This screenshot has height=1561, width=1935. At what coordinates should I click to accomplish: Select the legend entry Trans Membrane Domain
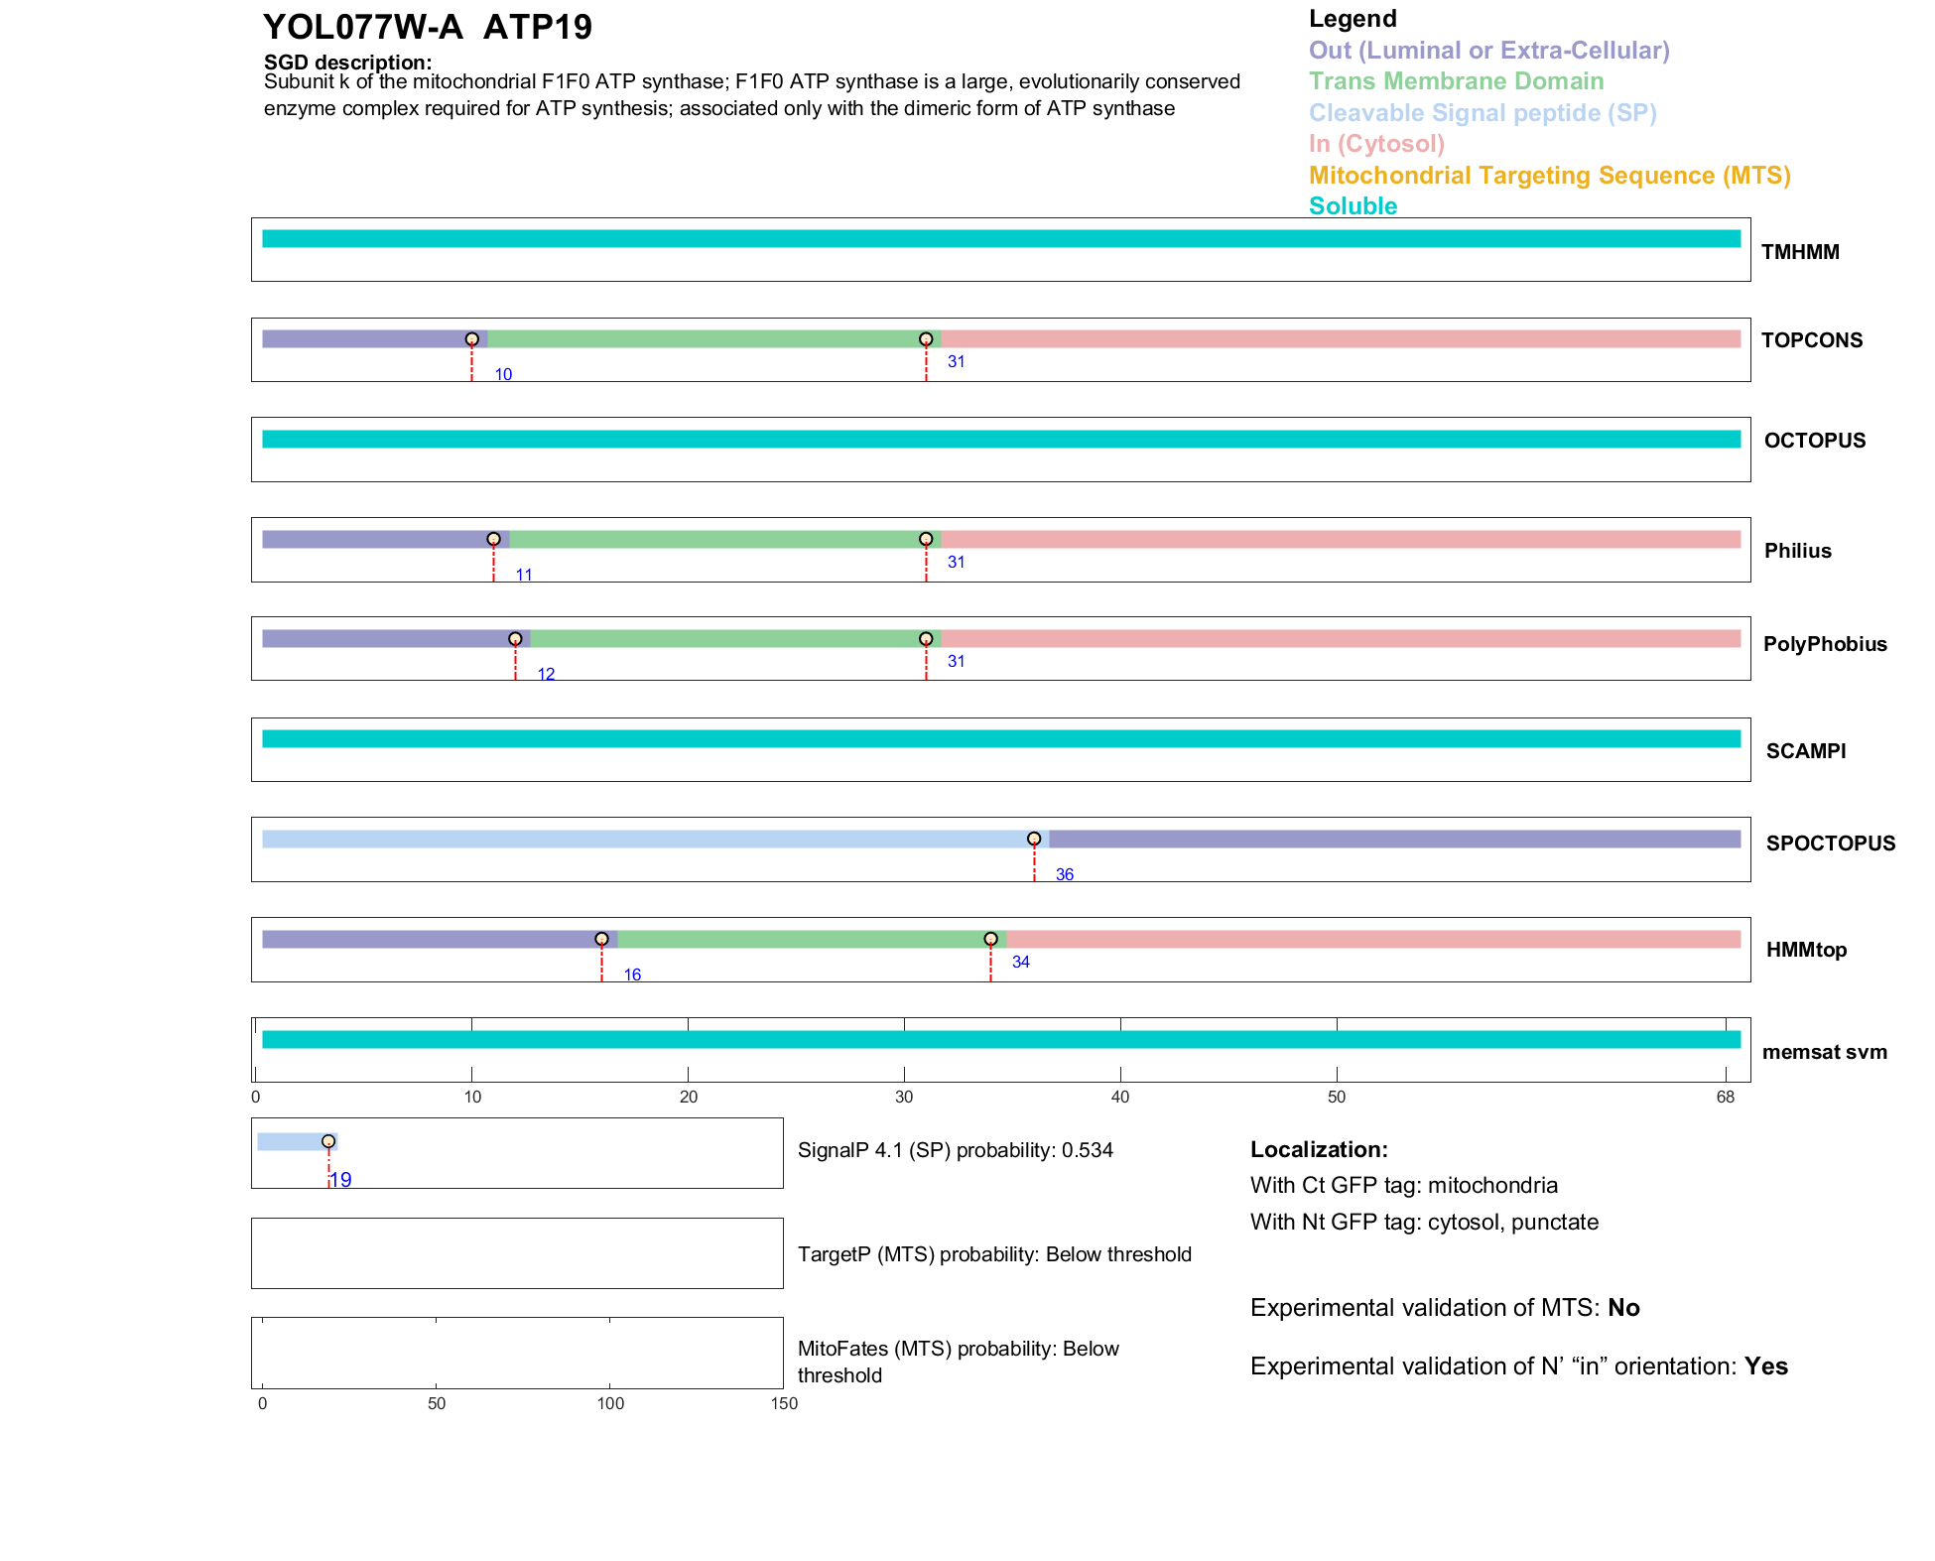pyautogui.click(x=1456, y=81)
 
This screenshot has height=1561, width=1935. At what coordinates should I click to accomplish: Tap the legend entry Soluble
pyautogui.click(x=1353, y=206)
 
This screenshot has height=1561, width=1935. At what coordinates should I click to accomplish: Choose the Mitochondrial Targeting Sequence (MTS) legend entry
pyautogui.click(x=1549, y=176)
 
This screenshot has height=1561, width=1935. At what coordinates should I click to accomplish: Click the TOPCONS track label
pyautogui.click(x=1811, y=340)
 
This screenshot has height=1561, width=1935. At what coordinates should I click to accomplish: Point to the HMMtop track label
pyautogui.click(x=1806, y=950)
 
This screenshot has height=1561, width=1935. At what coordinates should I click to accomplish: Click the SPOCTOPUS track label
pyautogui.click(x=1830, y=844)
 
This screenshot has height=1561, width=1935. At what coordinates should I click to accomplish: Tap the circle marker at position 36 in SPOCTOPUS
pyautogui.click(x=1034, y=840)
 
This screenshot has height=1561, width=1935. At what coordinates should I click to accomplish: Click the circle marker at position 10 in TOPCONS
pyautogui.click(x=472, y=339)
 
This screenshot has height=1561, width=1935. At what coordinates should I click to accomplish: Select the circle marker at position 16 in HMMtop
pyautogui.click(x=601, y=939)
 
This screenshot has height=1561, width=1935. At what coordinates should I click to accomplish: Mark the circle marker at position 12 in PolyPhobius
pyautogui.click(x=515, y=639)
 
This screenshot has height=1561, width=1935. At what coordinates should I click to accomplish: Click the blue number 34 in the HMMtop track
pyautogui.click(x=1020, y=962)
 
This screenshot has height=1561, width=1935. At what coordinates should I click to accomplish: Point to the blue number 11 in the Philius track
pyautogui.click(x=524, y=575)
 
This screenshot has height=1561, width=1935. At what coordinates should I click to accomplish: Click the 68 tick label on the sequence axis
pyautogui.click(x=1725, y=1097)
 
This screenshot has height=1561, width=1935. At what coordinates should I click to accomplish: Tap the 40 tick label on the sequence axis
pyautogui.click(x=1120, y=1097)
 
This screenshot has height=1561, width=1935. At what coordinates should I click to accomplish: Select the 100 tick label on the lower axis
pyautogui.click(x=610, y=1403)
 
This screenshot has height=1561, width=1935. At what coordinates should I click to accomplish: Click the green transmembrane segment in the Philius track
pyautogui.click(x=716, y=540)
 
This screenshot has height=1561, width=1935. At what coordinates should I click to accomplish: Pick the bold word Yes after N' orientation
pyautogui.click(x=1765, y=1366)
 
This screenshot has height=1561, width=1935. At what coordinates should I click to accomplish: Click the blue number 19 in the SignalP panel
pyautogui.click(x=340, y=1180)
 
